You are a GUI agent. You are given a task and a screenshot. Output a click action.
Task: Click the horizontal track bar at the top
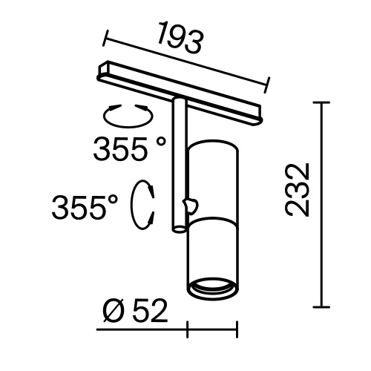[x=182, y=88]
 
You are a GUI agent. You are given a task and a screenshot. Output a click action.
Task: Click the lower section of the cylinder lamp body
[x=212, y=252]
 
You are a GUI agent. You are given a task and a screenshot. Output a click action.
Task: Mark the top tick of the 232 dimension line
[x=321, y=102]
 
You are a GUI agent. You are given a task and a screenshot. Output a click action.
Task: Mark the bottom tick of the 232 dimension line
[x=321, y=306]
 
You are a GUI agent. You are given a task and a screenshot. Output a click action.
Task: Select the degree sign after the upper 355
[x=161, y=142]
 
